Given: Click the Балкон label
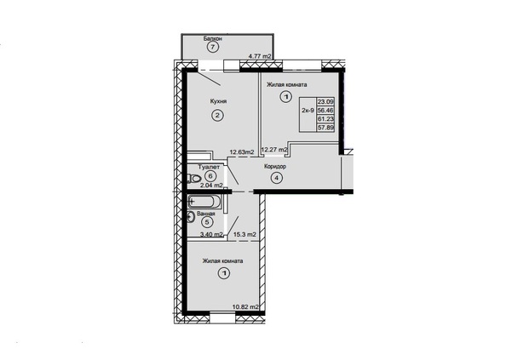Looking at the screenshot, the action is pyautogui.click(x=212, y=38).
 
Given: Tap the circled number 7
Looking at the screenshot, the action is pyautogui.click(x=213, y=48).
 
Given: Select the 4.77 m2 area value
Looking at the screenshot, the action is pyautogui.click(x=260, y=56).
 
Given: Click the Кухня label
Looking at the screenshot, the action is pyautogui.click(x=218, y=101).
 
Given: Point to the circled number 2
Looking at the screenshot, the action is pyautogui.click(x=217, y=116).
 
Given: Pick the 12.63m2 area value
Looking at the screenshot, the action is pyautogui.click(x=242, y=151).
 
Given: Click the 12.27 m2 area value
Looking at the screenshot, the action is pyautogui.click(x=274, y=150).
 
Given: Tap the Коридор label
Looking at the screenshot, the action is pyautogui.click(x=275, y=167).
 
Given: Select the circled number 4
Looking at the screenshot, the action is pyautogui.click(x=277, y=178).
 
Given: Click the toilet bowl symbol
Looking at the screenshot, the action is pyautogui.click(x=193, y=178).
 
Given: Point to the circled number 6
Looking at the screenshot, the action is pyautogui.click(x=210, y=176).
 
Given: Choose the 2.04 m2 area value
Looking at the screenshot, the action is pyautogui.click(x=212, y=186).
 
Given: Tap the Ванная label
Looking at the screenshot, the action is pyautogui.click(x=206, y=214).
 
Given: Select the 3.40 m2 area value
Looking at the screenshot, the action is pyautogui.click(x=212, y=234).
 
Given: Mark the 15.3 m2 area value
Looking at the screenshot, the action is pyautogui.click(x=245, y=234).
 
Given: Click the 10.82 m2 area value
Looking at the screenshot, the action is pyautogui.click(x=245, y=307).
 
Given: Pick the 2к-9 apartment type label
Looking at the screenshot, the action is pyautogui.click(x=308, y=110).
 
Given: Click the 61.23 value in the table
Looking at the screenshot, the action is pyautogui.click(x=326, y=119).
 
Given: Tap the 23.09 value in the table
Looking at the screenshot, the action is pyautogui.click(x=326, y=101).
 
